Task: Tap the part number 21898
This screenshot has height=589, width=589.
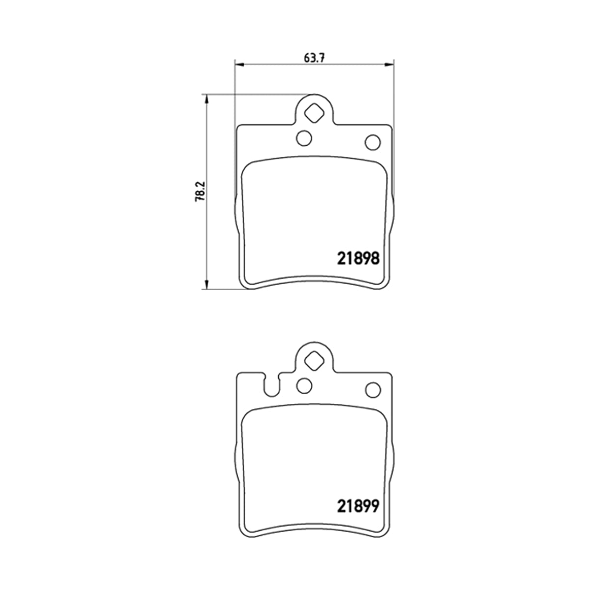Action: pos(358,259)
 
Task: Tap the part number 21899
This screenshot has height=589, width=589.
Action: pos(358,506)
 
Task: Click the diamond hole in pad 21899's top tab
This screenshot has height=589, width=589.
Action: pos(314,361)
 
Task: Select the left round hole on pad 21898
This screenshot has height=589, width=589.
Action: pos(304,138)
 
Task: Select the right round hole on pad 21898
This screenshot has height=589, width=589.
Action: pos(373,142)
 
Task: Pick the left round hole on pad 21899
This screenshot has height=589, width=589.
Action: pos(304,386)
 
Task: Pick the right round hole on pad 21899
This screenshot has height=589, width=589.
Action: pos(373,390)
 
